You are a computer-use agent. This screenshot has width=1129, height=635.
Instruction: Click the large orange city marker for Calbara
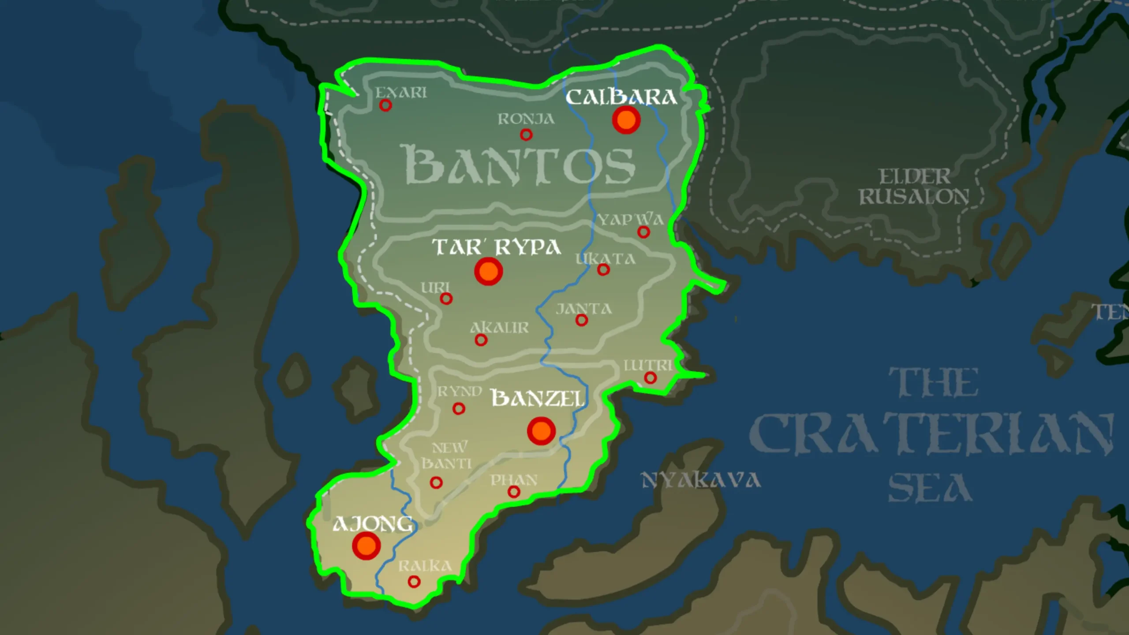[626, 120]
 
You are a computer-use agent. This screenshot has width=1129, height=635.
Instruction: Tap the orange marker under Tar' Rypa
[488, 271]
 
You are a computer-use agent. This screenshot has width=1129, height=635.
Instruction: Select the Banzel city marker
[541, 430]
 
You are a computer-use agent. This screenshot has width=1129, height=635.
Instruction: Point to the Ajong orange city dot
[366, 545]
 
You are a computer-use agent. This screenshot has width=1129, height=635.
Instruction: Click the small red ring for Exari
[385, 105]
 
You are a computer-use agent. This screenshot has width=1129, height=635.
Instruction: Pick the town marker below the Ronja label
[526, 134]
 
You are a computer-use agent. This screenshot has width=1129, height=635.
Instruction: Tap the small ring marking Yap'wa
[643, 232]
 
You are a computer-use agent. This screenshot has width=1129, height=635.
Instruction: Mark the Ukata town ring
[603, 269]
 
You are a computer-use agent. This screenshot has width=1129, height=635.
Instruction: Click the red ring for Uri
[446, 299]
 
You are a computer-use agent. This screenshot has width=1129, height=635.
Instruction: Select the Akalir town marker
[481, 340]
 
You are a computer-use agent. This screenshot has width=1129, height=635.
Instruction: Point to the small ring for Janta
[582, 320]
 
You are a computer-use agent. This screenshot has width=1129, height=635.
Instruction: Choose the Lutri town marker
[650, 377]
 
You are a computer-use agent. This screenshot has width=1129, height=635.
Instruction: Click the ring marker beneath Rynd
[459, 409]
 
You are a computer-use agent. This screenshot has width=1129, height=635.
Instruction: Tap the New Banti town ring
[436, 482]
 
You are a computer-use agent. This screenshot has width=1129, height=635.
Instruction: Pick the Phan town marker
[514, 492]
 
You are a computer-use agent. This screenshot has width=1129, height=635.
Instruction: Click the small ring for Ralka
[414, 582]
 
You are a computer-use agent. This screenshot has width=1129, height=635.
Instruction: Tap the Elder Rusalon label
[914, 187]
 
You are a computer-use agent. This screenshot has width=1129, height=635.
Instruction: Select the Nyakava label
[700, 480]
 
